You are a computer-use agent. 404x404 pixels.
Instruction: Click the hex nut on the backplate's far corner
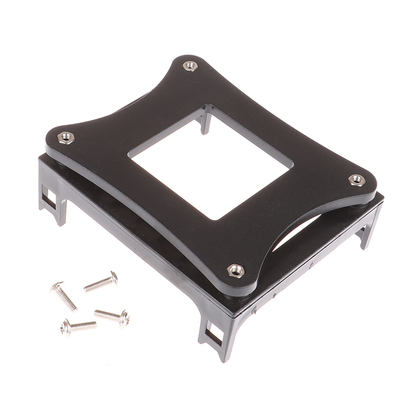point(190,66)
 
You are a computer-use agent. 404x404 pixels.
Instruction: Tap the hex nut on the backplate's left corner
point(66,137)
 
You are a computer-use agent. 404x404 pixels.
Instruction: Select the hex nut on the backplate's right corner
point(357,180)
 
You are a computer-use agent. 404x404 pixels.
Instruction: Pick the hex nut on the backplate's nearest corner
point(235,270)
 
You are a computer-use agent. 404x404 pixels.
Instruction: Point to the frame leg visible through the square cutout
point(205,121)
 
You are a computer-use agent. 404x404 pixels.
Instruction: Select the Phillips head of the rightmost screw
point(124,318)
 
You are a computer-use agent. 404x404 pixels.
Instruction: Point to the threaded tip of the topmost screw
point(86,289)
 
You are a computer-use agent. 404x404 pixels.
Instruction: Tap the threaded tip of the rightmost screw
point(96,313)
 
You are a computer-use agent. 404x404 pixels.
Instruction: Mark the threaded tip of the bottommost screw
point(94,324)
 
